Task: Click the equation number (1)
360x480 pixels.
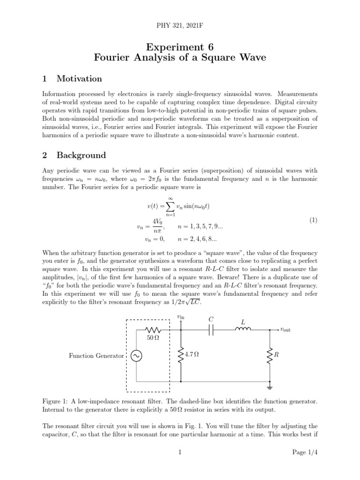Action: [x=314, y=220]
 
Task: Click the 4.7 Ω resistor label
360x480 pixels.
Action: [x=192, y=355]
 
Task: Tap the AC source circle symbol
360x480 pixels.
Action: [x=136, y=356]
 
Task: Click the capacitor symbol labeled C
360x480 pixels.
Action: [x=211, y=330]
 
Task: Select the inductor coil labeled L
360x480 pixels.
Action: [x=242, y=329]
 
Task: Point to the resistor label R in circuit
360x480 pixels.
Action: [x=276, y=355]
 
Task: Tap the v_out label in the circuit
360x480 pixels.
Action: [x=285, y=330]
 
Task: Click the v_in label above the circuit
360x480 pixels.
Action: [x=180, y=317]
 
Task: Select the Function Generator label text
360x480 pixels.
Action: [x=96, y=356]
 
